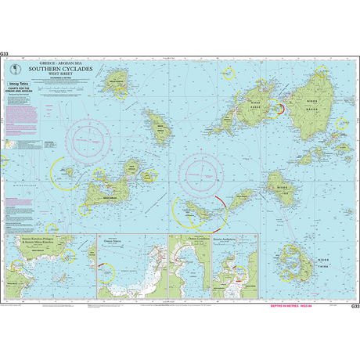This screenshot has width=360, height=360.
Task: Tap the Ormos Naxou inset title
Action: click(115, 242)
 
